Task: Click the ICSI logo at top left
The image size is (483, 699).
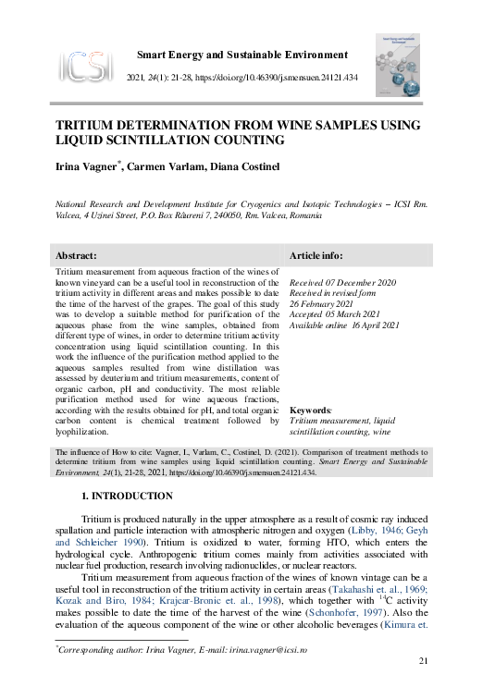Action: (84, 65)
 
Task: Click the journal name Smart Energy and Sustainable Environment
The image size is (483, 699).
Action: (242, 55)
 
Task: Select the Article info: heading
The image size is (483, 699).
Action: (316, 255)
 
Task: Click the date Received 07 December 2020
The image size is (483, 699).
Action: (342, 281)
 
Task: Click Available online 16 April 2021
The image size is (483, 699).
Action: (344, 325)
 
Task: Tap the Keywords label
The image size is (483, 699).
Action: (310, 409)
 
